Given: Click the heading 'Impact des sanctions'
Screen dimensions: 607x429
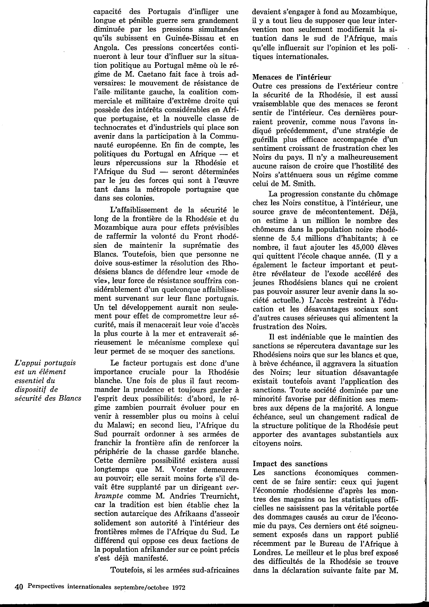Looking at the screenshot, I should click(290, 464).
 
